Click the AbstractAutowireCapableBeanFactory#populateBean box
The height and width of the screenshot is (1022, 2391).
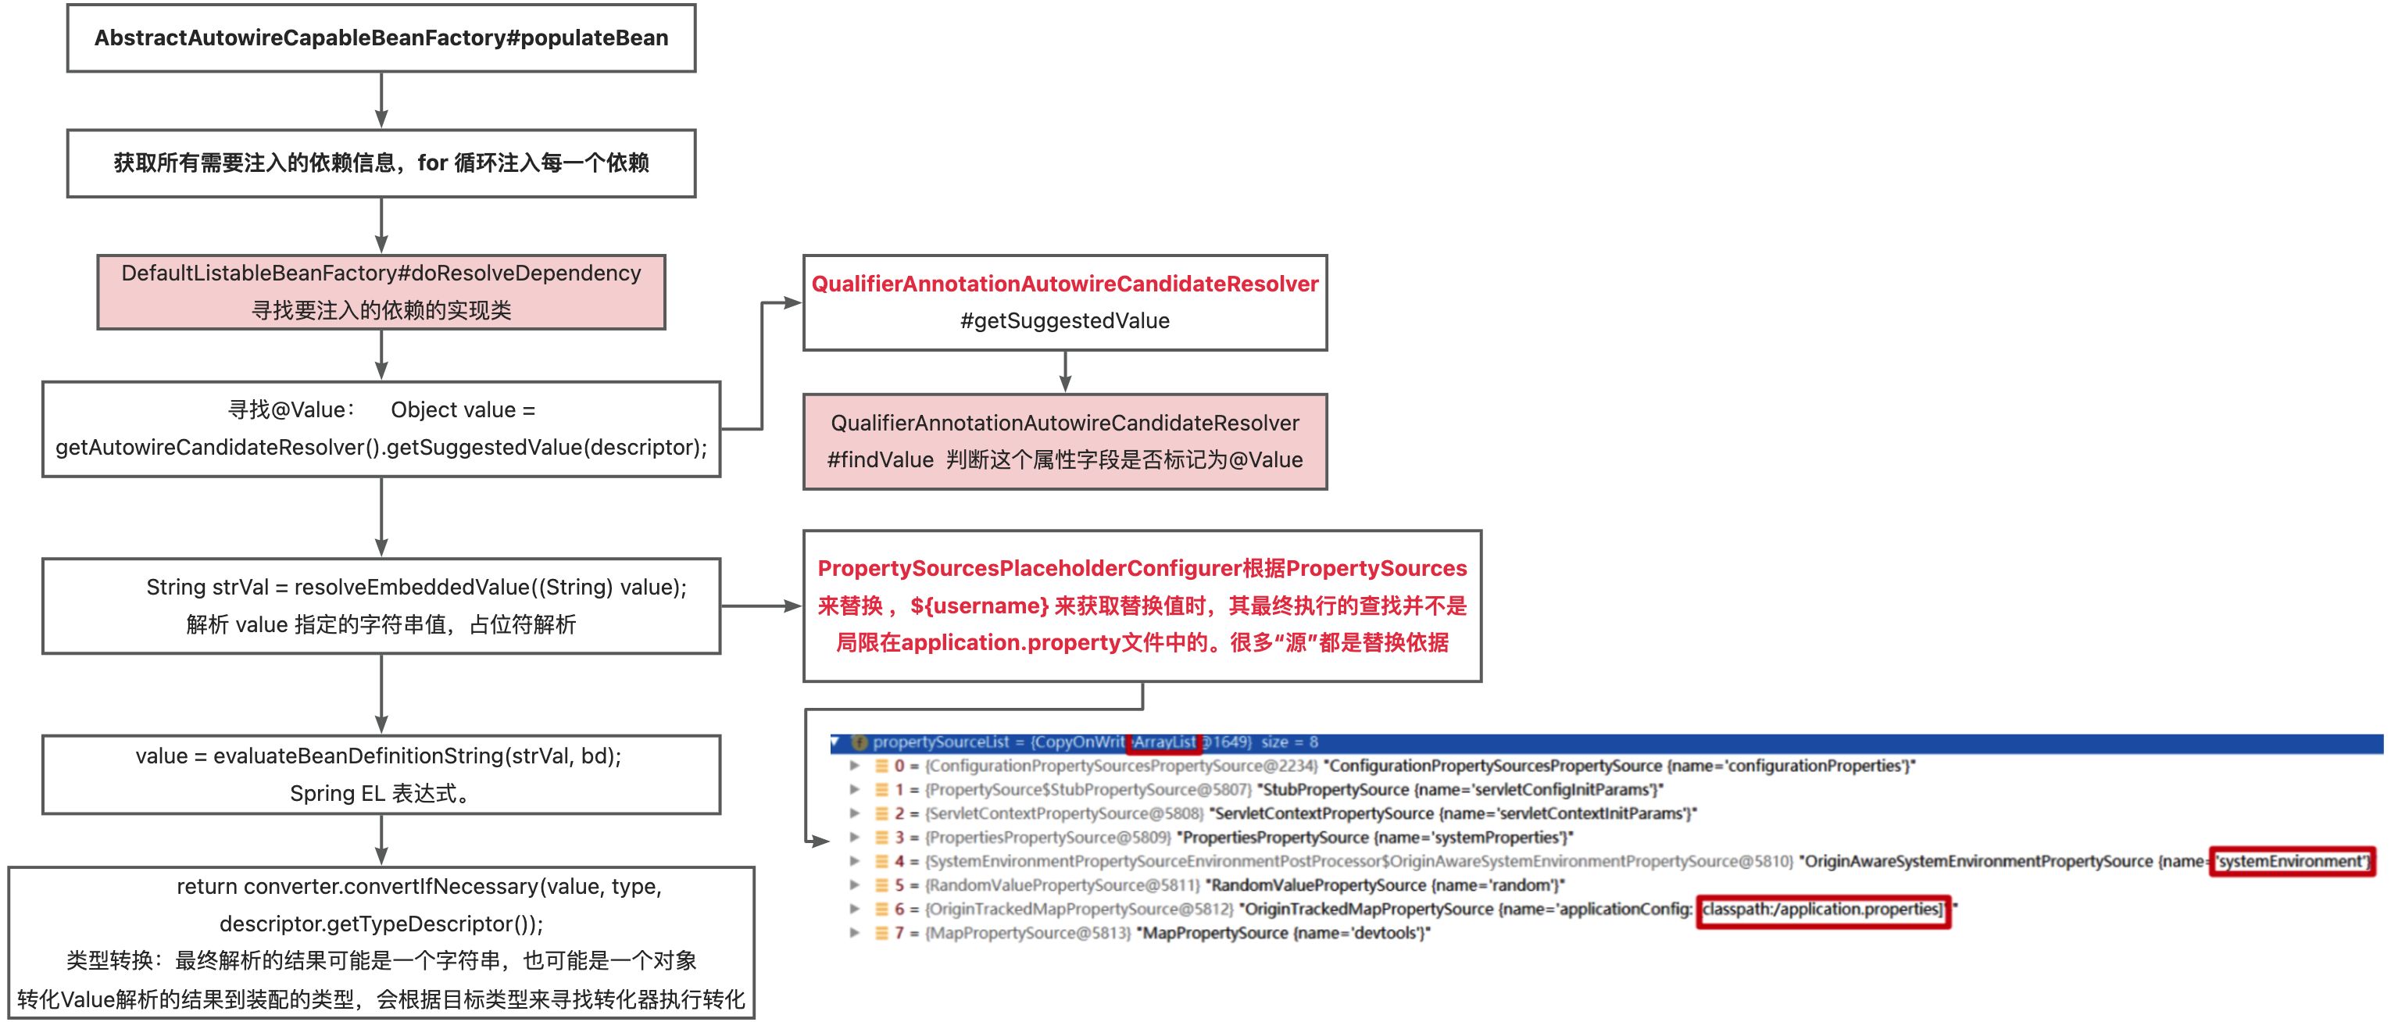(381, 38)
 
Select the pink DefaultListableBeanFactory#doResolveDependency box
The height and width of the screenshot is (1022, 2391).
(381, 291)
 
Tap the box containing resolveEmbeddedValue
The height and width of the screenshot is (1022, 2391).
(381, 606)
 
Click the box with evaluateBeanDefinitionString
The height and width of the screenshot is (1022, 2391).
(381, 774)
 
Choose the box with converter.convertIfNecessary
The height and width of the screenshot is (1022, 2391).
(381, 942)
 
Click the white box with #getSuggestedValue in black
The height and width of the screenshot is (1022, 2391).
(1065, 302)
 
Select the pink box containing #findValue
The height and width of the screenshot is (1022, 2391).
(1065, 441)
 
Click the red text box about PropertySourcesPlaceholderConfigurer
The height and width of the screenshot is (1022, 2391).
(1142, 606)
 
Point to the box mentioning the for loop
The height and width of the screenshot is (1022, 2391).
(381, 163)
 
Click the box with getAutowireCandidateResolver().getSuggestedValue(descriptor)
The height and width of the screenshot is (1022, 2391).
(381, 429)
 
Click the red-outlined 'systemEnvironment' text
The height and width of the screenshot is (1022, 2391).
(2291, 861)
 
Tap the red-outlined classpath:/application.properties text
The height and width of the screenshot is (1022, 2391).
(1823, 909)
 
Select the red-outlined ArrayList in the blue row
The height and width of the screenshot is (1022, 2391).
(1164, 742)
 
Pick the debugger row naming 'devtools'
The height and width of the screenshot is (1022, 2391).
(1179, 933)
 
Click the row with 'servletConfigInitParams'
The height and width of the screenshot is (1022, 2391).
(1281, 790)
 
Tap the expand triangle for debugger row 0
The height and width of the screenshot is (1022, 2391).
(854, 766)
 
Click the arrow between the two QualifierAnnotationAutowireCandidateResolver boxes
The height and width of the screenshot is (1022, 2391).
(1065, 371)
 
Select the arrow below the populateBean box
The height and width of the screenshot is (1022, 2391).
(381, 100)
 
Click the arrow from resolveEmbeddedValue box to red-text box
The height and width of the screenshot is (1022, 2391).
(761, 606)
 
